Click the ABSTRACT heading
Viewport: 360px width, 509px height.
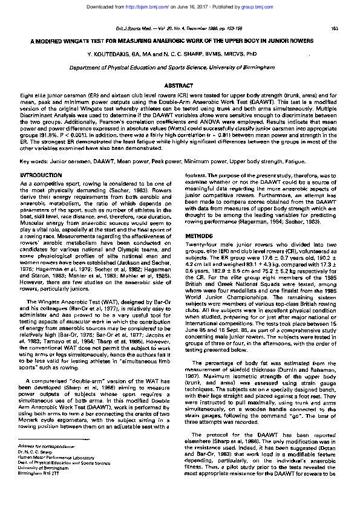pyautogui.click(x=179, y=86)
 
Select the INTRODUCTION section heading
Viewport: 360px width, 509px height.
pyautogui.click(x=44, y=174)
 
